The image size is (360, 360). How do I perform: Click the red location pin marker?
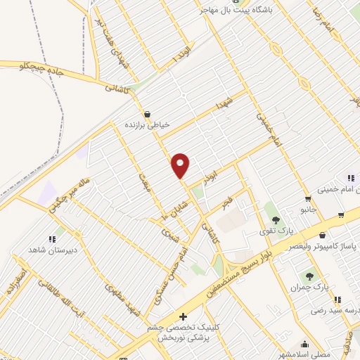[181, 165]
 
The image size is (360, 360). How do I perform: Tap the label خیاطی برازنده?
[148, 124]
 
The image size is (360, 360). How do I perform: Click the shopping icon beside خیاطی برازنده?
[147, 113]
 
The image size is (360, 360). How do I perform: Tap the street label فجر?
[227, 204]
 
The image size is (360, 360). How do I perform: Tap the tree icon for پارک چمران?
[309, 276]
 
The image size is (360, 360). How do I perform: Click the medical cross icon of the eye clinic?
[184, 317]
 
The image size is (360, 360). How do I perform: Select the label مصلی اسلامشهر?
[304, 355]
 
